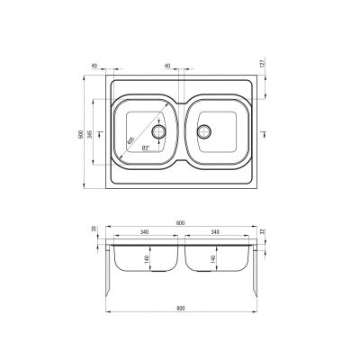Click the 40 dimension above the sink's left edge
(94, 65)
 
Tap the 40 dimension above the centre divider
(168, 65)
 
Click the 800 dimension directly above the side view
(184, 224)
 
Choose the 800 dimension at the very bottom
(184, 306)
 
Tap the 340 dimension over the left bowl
(145, 232)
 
